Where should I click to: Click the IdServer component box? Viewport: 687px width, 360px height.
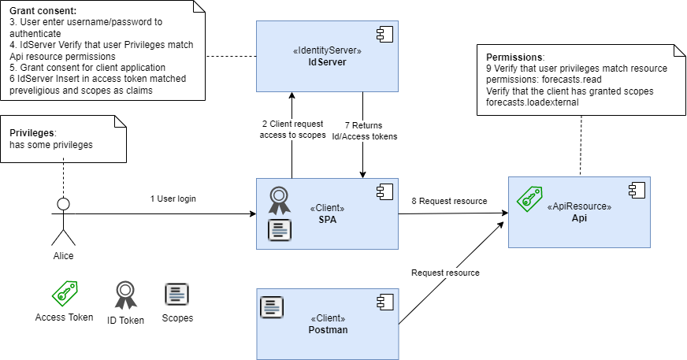tap(327, 55)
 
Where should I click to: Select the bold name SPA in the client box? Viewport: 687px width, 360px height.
tap(327, 218)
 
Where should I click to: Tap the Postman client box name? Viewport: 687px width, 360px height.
tap(327, 329)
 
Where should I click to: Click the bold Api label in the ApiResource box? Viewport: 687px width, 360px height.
tap(579, 218)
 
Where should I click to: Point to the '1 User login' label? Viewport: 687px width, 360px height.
tap(173, 199)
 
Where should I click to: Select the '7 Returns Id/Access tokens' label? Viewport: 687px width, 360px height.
tap(362, 130)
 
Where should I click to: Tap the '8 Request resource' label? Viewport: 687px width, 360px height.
tap(449, 201)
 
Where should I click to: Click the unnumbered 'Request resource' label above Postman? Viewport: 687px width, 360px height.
tap(445, 273)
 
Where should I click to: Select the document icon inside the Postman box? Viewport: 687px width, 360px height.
tap(272, 306)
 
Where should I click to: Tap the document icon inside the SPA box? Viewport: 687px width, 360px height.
tap(280, 230)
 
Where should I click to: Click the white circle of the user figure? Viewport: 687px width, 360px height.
tap(63, 205)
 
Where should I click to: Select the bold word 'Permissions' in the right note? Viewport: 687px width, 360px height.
tap(514, 58)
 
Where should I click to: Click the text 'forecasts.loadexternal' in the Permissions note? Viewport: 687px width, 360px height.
tap(533, 102)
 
